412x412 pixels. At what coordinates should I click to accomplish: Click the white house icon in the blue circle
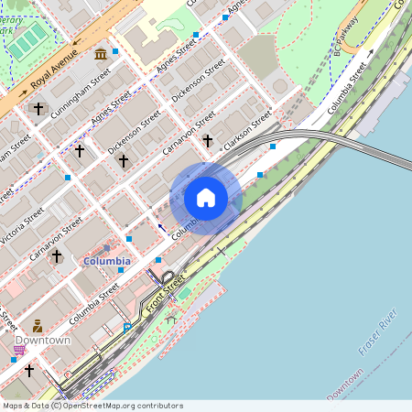pos(206,198)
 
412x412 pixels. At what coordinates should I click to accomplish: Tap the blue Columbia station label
pos(107,261)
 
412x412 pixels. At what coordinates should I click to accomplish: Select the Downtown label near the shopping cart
pos(42,341)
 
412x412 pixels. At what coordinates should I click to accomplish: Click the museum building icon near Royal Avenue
pos(100,57)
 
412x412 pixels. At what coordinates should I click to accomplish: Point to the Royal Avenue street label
pos(53,76)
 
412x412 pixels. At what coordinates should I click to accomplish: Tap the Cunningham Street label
pos(81,95)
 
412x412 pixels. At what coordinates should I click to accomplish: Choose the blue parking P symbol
pos(127,327)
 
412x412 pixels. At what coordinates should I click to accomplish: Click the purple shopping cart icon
pos(19,349)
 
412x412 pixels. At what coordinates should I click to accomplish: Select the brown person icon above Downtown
pos(38,325)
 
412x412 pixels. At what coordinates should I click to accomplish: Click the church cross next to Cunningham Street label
pos(38,109)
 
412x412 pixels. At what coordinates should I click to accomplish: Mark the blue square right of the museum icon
pos(114,52)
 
